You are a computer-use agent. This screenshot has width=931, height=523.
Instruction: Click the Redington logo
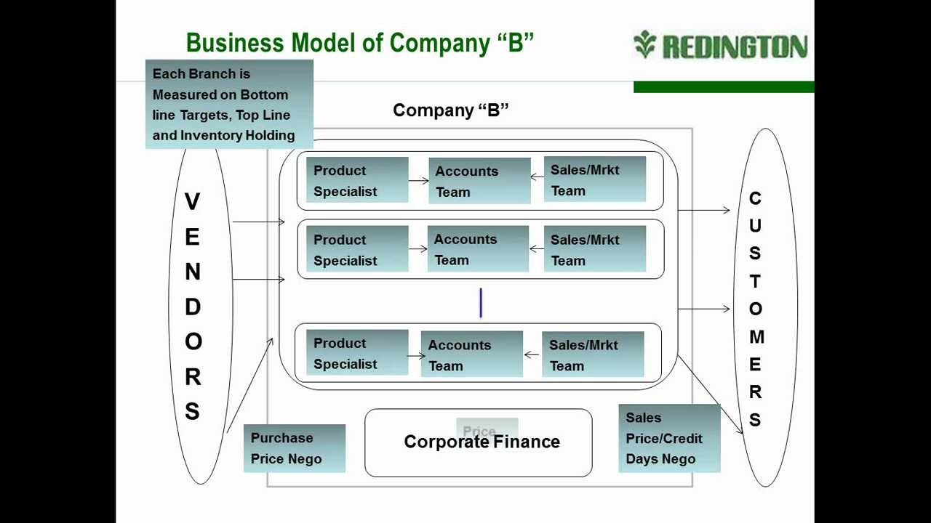click(720, 45)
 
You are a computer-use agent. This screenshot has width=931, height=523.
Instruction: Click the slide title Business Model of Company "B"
click(360, 43)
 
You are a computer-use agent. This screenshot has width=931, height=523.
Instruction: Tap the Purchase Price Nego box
click(294, 448)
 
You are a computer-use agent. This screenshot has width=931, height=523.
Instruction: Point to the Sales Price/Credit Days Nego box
click(668, 438)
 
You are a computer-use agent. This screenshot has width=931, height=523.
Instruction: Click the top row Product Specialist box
click(356, 180)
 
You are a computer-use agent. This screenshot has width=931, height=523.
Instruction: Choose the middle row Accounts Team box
click(478, 249)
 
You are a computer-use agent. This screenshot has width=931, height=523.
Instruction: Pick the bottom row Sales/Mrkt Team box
click(593, 354)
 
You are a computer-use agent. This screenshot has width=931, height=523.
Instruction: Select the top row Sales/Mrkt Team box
click(594, 179)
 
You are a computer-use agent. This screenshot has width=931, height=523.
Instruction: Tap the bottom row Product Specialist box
click(356, 353)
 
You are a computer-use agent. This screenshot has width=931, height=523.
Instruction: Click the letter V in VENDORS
click(192, 202)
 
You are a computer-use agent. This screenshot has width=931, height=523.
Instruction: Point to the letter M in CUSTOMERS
click(756, 337)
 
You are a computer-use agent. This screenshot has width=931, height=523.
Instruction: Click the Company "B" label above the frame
click(450, 110)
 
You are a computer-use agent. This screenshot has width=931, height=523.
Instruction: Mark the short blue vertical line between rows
click(481, 303)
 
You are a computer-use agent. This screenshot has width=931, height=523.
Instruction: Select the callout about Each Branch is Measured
click(229, 105)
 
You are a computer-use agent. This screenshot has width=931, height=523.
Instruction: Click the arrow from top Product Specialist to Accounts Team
click(418, 181)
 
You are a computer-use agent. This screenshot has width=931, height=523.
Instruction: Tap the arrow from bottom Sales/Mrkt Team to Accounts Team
click(532, 355)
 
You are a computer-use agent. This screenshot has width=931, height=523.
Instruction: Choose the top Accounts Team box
click(479, 181)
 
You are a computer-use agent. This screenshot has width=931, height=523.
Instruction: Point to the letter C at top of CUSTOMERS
click(755, 198)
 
